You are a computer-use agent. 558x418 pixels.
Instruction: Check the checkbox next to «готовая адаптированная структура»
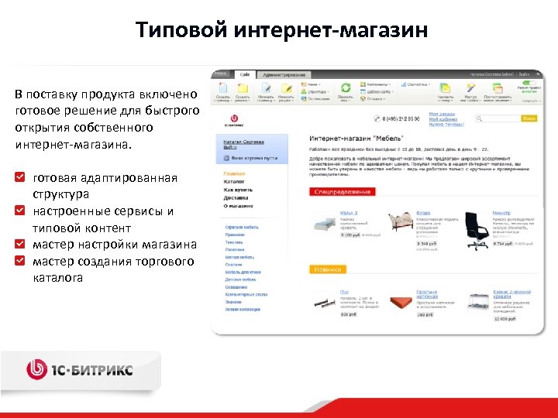point(21,177)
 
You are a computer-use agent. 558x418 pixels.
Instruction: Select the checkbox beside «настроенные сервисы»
point(21,211)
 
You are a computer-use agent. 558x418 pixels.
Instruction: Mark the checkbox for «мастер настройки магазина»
point(21,244)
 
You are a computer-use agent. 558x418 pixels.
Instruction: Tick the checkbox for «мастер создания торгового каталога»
point(21,261)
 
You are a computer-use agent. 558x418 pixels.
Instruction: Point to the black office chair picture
point(475,225)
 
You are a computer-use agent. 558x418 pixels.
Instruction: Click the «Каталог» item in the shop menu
point(234,182)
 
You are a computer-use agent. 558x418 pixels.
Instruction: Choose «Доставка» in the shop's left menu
point(235,197)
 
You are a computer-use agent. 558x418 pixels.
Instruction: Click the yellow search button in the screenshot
point(529,118)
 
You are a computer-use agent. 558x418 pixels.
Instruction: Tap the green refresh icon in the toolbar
point(346,87)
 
